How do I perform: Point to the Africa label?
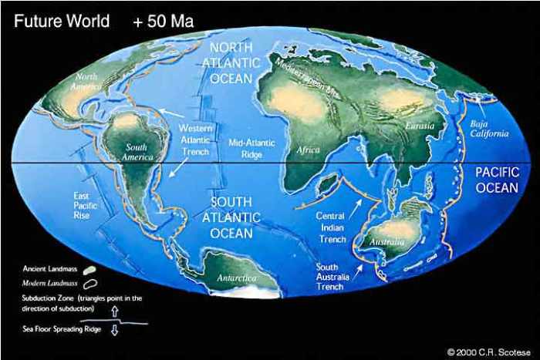click(308, 150)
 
